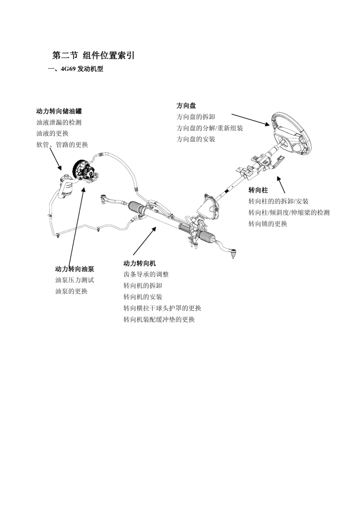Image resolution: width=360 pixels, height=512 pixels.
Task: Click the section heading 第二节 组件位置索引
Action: (93, 56)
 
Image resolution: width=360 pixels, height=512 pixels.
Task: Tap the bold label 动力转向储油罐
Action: (59, 111)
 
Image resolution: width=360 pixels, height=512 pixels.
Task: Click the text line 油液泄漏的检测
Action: (59, 122)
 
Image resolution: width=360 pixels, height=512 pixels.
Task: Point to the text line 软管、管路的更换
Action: (62, 145)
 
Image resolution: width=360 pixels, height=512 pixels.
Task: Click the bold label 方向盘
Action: (186, 105)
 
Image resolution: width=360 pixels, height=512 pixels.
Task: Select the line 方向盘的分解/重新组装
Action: (210, 128)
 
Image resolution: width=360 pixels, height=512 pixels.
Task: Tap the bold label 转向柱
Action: (258, 190)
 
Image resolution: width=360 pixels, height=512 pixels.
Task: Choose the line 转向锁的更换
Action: (268, 224)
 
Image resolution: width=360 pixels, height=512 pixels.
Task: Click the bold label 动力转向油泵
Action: (75, 269)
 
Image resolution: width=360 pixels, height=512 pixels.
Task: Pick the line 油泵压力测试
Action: (75, 280)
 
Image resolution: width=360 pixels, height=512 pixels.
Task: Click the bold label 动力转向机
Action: (139, 263)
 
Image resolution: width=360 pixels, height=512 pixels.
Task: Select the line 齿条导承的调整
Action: (146, 274)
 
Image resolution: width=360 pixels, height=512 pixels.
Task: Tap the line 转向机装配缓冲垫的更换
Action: (159, 319)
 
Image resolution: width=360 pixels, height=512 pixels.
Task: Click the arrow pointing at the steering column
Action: (281, 184)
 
